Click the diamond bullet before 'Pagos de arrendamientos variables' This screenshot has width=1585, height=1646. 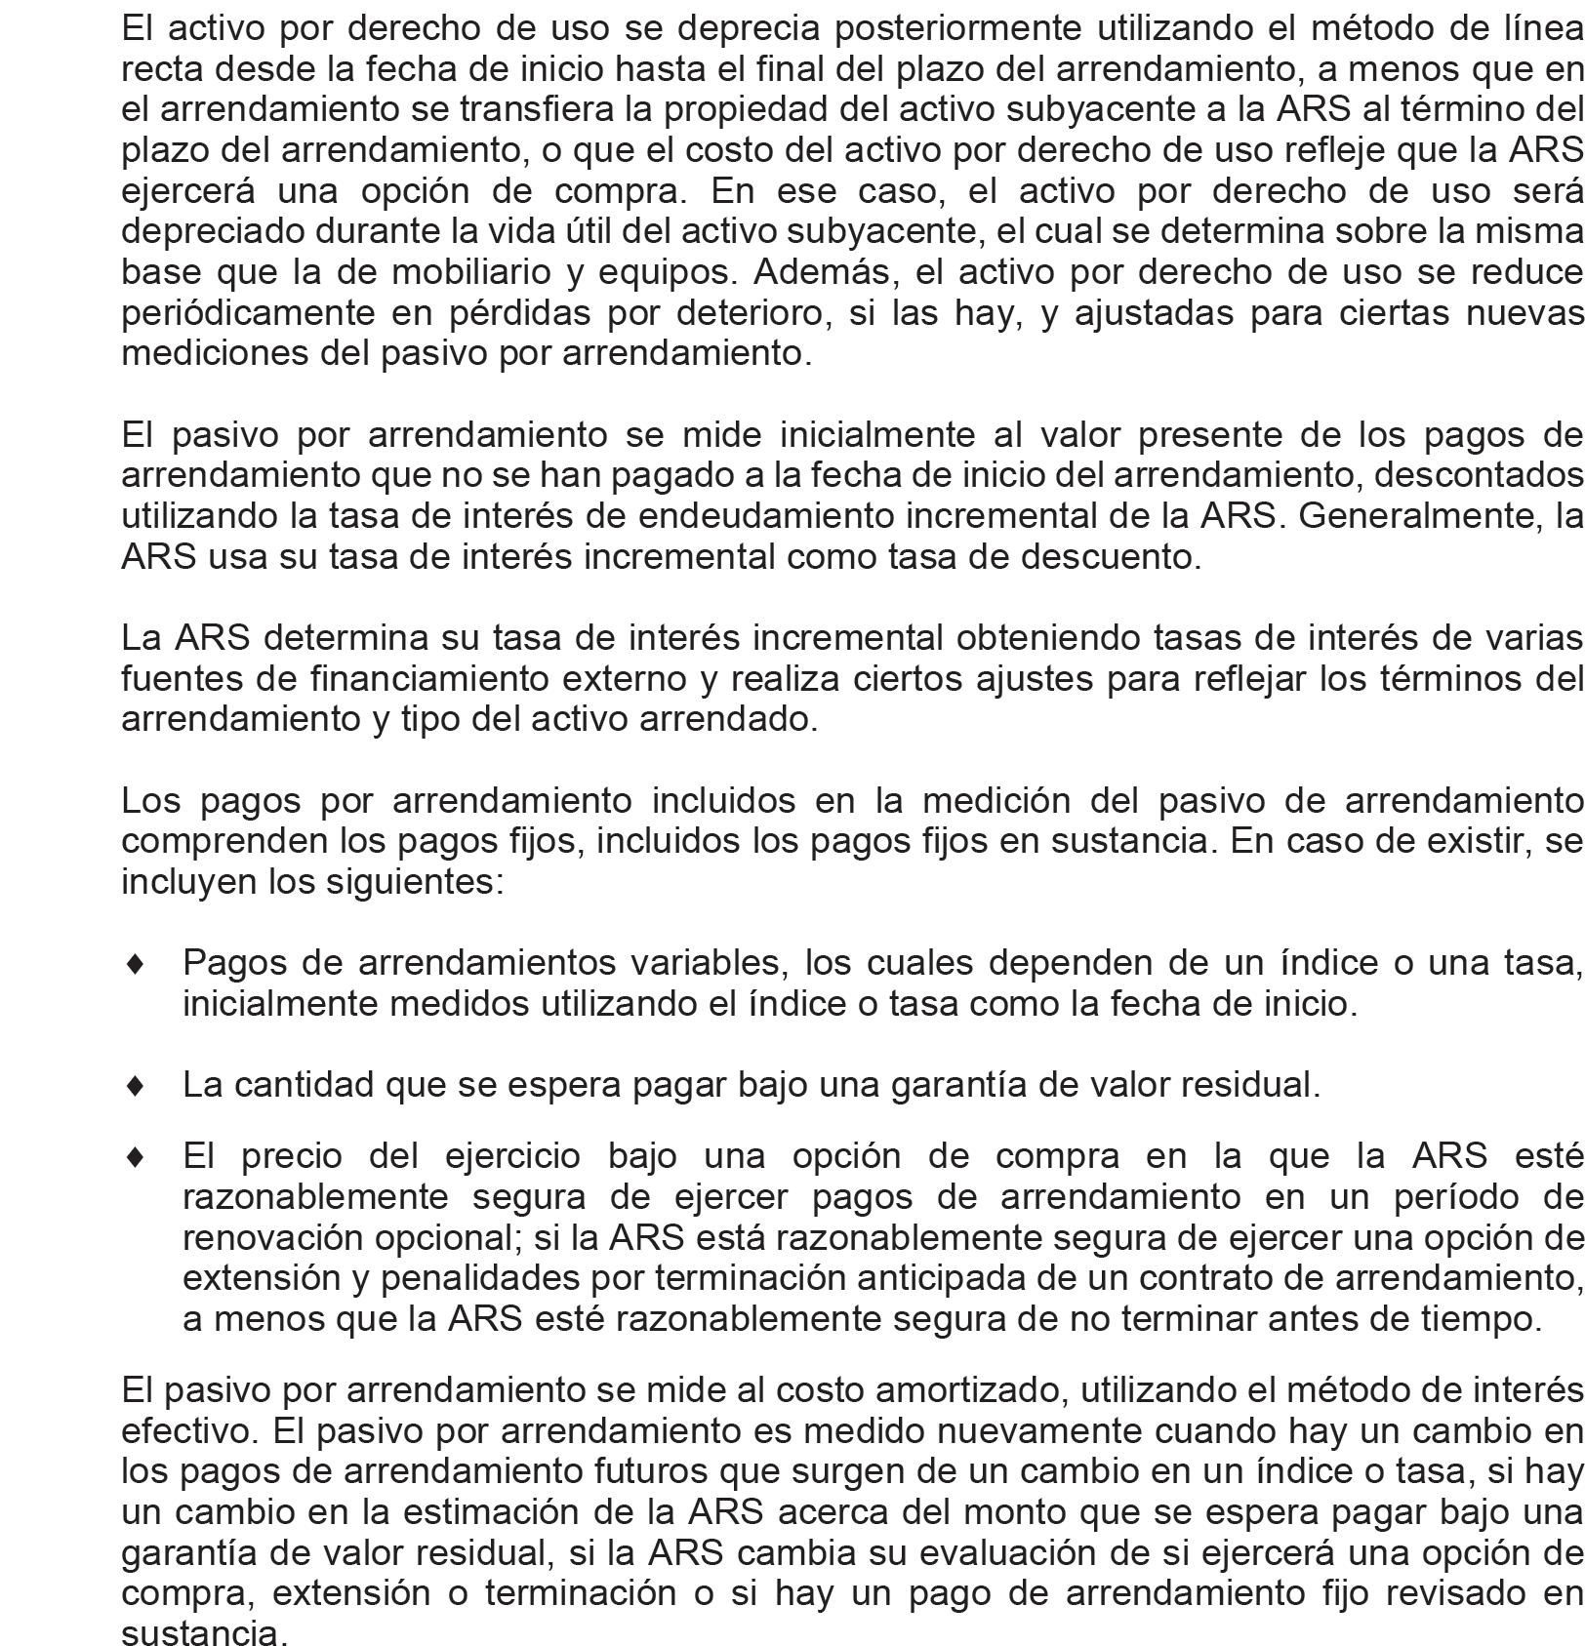[x=136, y=963]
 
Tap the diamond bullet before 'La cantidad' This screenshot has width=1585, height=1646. [x=136, y=1084]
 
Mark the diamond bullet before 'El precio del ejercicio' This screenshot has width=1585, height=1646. [x=136, y=1156]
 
